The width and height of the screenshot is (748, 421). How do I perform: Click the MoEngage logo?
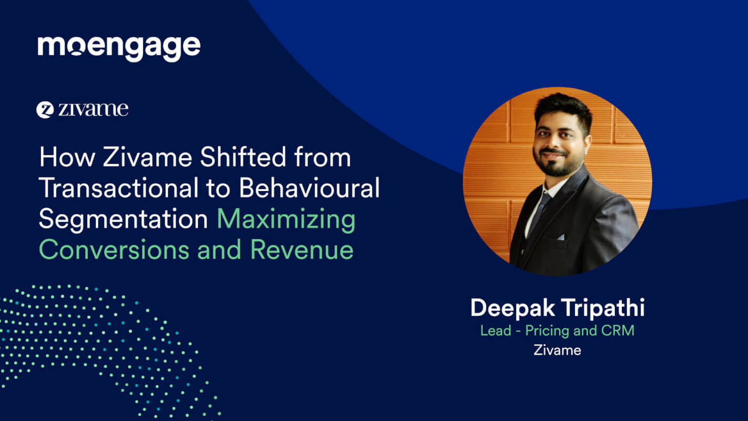(x=119, y=48)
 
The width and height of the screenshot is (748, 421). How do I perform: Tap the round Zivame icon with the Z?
(x=45, y=109)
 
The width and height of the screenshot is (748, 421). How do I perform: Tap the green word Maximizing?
(x=286, y=220)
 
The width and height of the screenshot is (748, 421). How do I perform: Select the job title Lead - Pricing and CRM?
(x=557, y=331)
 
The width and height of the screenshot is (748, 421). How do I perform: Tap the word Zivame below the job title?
(x=557, y=350)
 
